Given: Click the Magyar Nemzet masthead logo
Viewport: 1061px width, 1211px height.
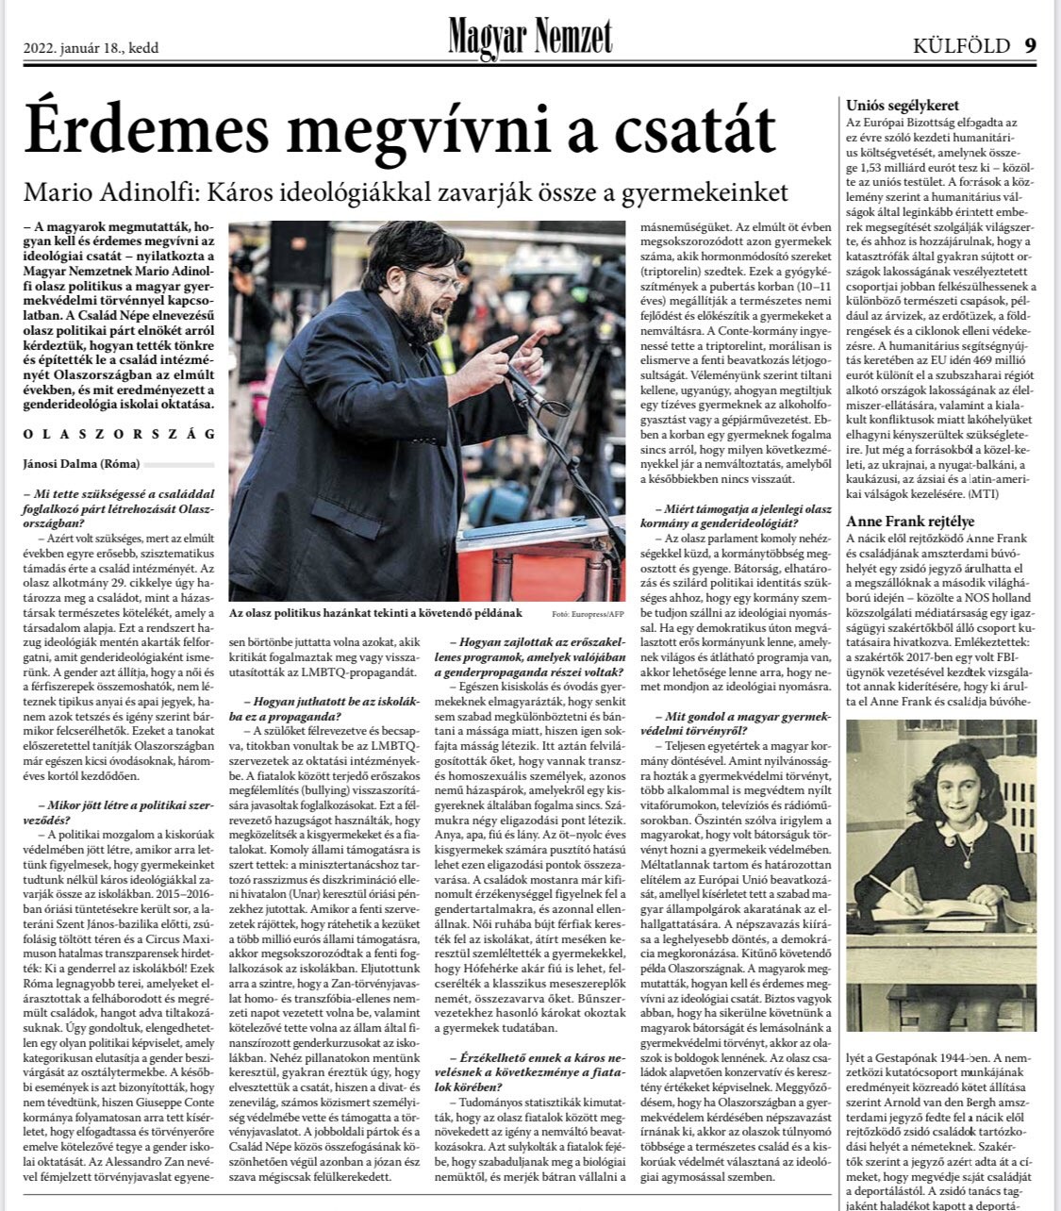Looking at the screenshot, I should tap(530, 38).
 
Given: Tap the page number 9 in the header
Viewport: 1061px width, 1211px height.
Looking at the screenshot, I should tap(1031, 45).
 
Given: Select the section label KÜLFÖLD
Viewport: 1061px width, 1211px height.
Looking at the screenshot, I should tap(961, 45).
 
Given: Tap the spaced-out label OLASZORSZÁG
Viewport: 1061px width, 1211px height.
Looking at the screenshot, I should tap(119, 434).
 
